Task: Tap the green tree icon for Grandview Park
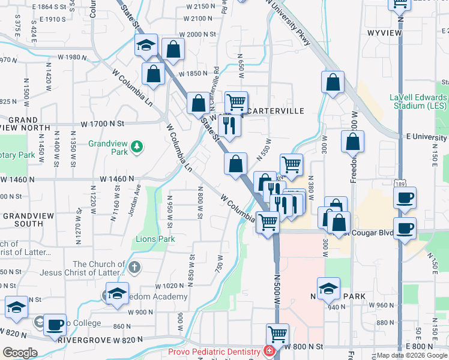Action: [x=137, y=146]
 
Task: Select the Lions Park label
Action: [x=155, y=239]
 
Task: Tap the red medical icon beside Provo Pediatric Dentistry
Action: [x=271, y=351]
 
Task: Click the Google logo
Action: [x=19, y=353]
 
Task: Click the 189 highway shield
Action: [x=400, y=182]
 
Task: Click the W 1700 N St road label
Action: [x=102, y=124]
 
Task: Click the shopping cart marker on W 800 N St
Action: [x=277, y=334]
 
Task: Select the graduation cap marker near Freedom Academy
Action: [x=118, y=293]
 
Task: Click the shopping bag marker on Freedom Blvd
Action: [x=353, y=141]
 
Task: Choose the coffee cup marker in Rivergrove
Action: [x=55, y=325]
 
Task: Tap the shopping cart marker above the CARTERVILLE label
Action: [x=237, y=101]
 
